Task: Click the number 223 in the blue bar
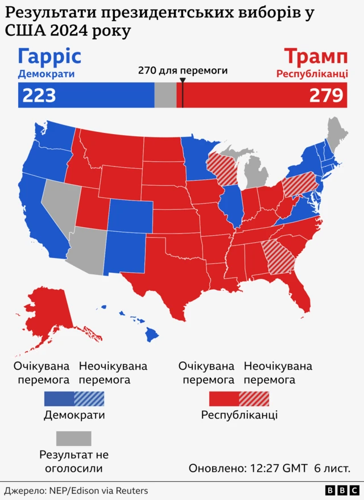(39, 95)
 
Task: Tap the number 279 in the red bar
(326, 95)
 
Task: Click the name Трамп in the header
(316, 57)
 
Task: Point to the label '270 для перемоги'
(183, 70)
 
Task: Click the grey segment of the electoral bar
(165, 95)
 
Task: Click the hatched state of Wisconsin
(222, 168)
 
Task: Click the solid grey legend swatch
(73, 438)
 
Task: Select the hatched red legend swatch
(254, 398)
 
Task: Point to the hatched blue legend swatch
(89, 398)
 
